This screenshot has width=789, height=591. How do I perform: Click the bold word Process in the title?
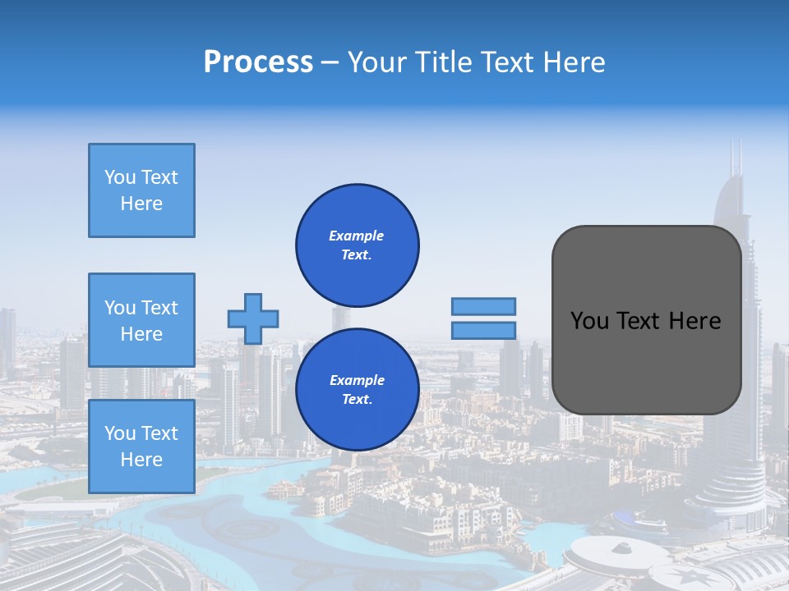pos(258,62)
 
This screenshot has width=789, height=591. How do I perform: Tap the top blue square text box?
pos(141,190)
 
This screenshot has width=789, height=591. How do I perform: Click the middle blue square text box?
pos(141,320)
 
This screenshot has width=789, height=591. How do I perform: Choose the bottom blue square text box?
pos(141,447)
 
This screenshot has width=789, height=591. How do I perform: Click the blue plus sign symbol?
pos(253,318)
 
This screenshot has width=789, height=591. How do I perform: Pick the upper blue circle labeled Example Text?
pos(357,245)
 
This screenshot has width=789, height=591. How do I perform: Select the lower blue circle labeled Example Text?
pos(357,389)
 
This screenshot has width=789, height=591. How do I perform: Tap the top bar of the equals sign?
pos(483,306)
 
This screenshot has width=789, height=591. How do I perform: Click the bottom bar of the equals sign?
pos(483,330)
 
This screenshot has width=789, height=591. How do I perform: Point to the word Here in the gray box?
pos(694,321)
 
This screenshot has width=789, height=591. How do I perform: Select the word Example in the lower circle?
pos(357,380)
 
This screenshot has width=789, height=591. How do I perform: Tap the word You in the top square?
pos(120,177)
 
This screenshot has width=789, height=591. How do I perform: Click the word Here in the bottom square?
pos(141,460)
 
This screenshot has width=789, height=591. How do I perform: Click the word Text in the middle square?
pos(159,308)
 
